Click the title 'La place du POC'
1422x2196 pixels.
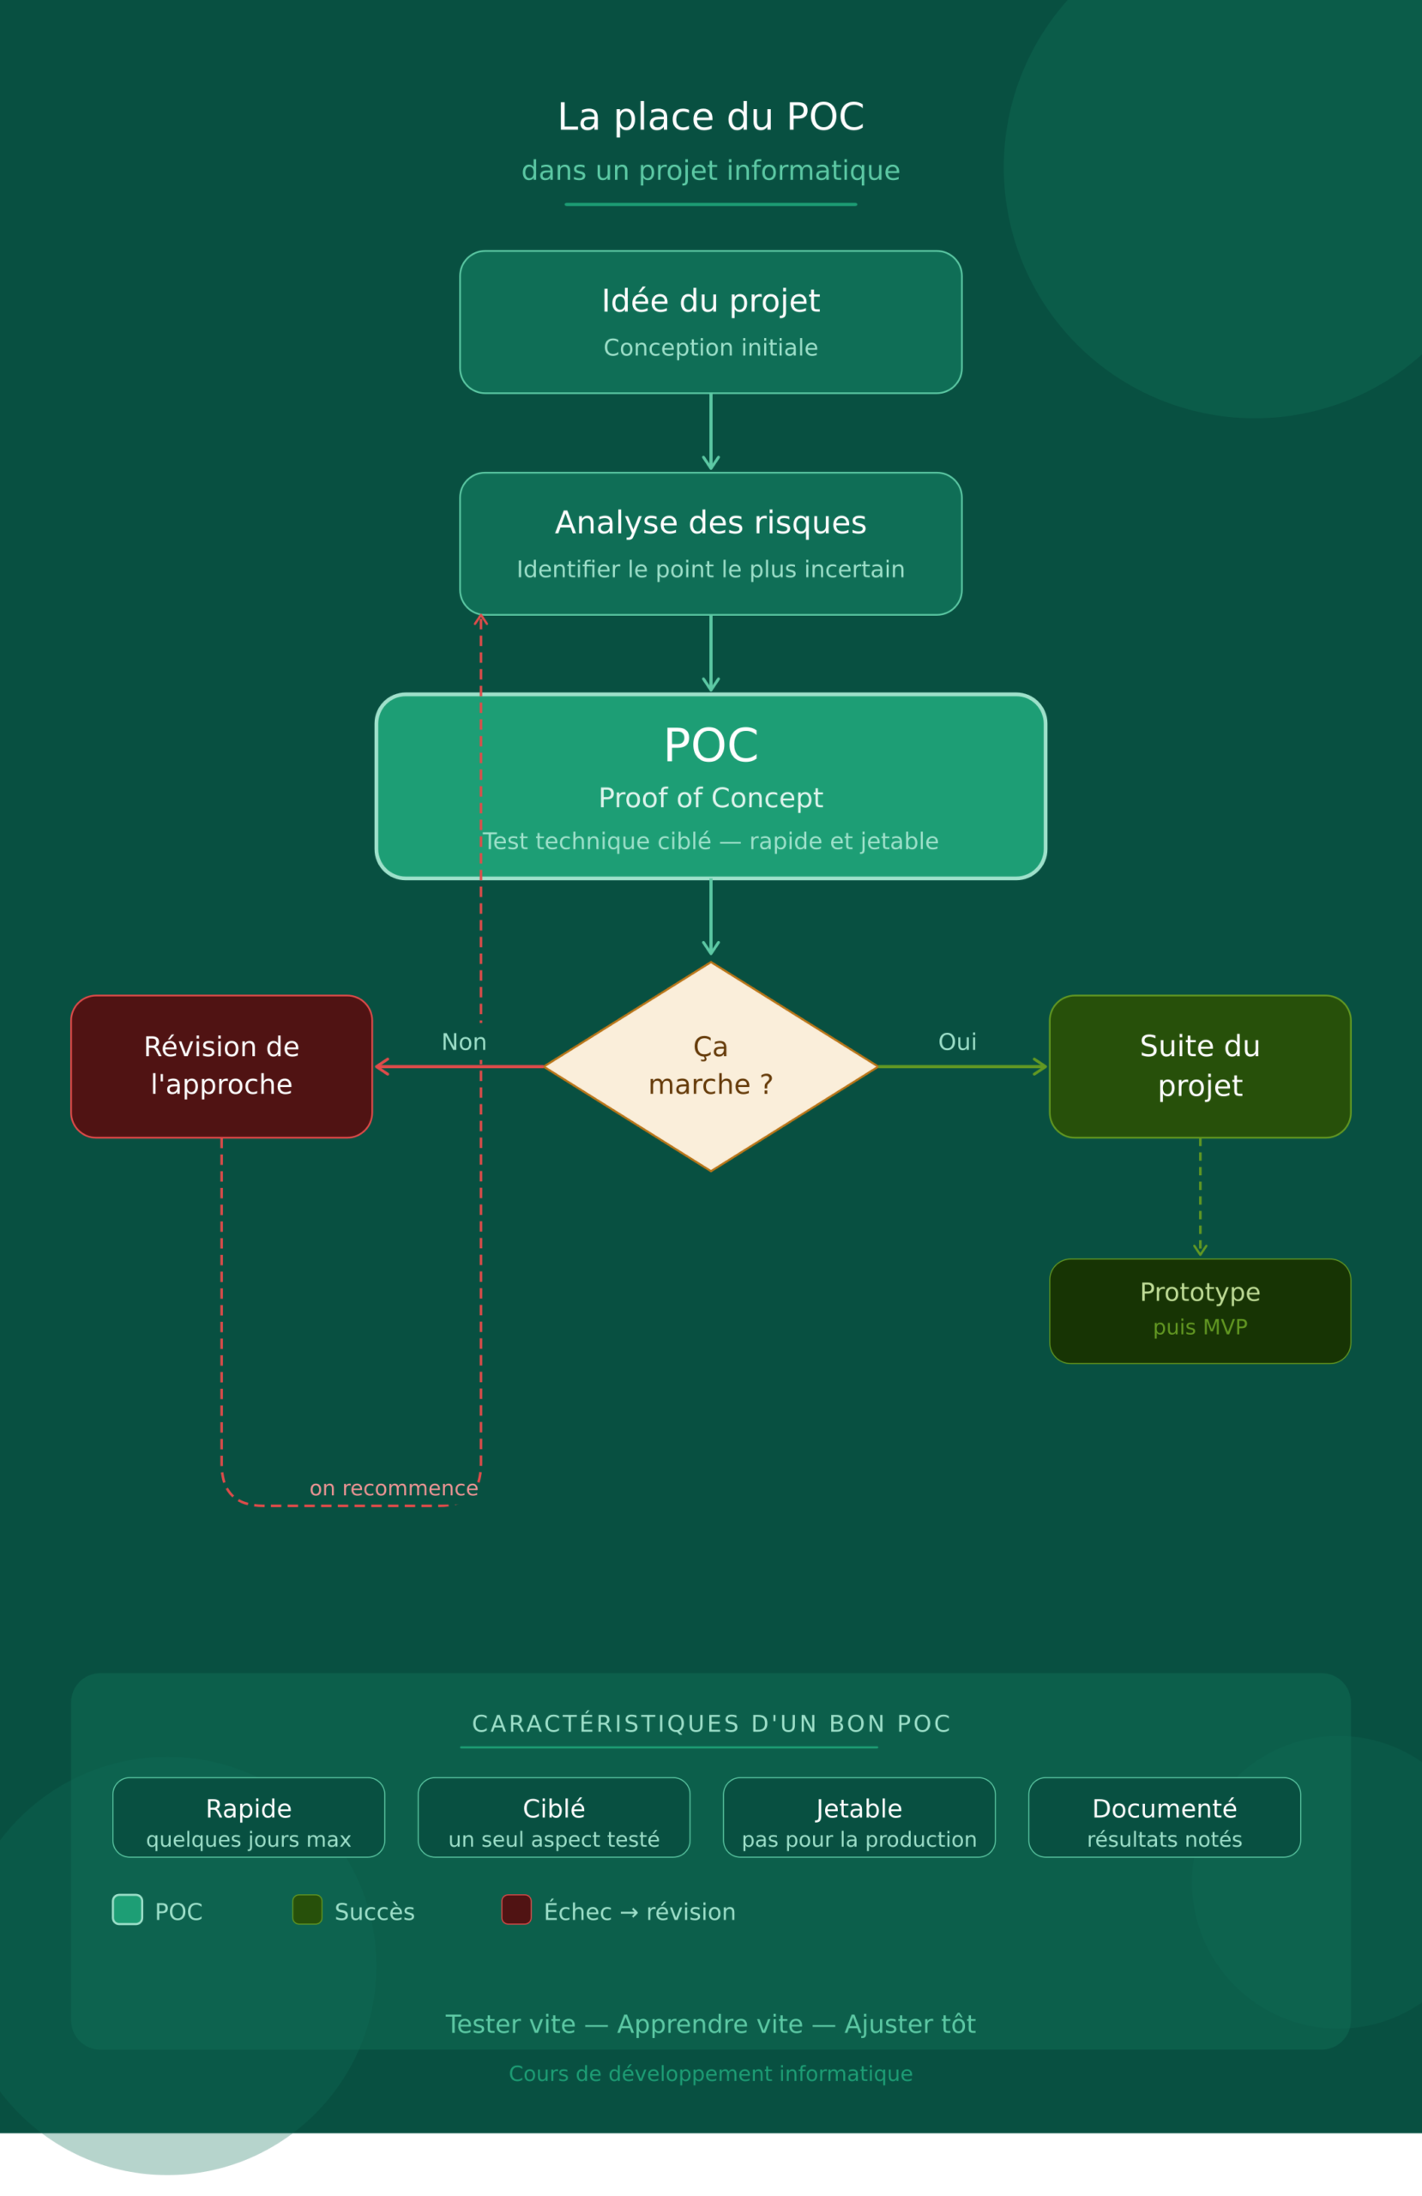(710, 118)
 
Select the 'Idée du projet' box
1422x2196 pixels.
(710, 322)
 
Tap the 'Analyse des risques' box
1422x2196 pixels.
(710, 544)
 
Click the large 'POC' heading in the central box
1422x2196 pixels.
(710, 745)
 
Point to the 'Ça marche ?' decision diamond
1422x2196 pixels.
(710, 1065)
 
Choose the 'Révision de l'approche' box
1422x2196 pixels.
(221, 1065)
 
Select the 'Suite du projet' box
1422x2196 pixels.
(1200, 1065)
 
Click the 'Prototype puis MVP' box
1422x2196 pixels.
(1200, 1310)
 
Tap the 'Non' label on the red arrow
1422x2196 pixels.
(463, 1041)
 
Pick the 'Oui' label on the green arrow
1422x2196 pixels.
(957, 1041)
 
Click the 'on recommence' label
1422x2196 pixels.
(393, 1488)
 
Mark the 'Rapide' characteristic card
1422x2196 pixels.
(248, 1817)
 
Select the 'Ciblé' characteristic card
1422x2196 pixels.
(554, 1817)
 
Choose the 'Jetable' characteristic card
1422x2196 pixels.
(859, 1817)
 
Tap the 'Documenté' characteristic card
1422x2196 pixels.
(1165, 1817)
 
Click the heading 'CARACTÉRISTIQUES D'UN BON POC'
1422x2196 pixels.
(710, 1723)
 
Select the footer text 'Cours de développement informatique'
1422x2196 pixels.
(710, 2073)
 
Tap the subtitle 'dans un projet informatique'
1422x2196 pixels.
(710, 171)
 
